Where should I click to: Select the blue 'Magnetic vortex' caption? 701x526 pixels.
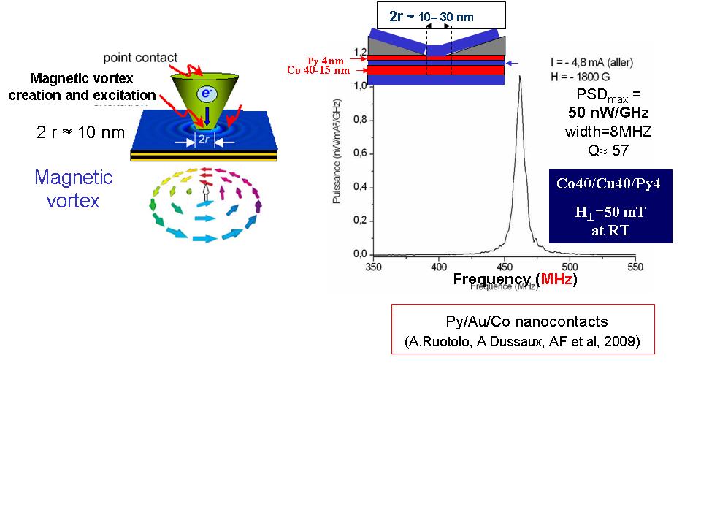tap(73, 188)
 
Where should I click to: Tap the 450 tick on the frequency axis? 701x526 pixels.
tap(505, 267)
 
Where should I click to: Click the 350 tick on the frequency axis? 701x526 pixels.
tap(373, 267)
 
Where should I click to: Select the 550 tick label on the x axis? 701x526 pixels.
tap(635, 267)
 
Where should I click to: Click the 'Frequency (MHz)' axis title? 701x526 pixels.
tap(516, 279)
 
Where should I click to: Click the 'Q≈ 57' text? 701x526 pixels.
tap(608, 150)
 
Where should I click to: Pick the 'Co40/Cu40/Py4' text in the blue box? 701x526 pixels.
tap(608, 184)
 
